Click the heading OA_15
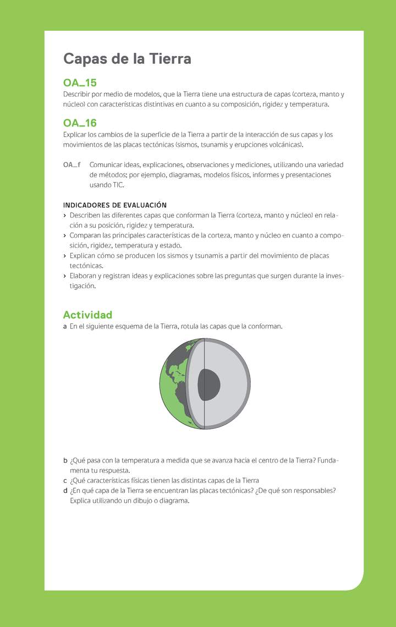tap(80, 83)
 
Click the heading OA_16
tap(80, 123)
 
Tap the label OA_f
tap(72, 164)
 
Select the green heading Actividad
tap(87, 315)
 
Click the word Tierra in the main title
tap(169, 59)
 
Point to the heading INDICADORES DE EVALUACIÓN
tap(115, 205)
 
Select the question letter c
tap(65, 480)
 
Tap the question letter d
tap(65, 491)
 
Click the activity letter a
tap(65, 327)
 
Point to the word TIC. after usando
tap(118, 185)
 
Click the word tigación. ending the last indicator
tap(82, 286)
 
